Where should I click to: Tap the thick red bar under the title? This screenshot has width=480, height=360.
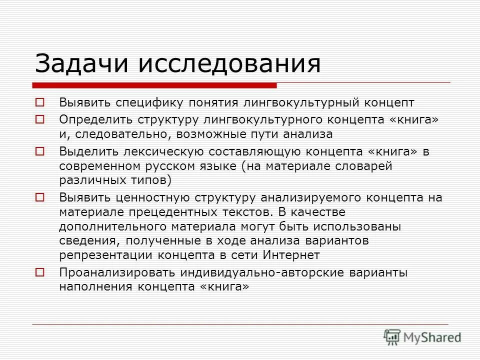click(x=154, y=85)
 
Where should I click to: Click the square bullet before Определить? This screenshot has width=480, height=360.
click(x=40, y=119)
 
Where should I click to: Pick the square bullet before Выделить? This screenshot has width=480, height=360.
click(x=40, y=150)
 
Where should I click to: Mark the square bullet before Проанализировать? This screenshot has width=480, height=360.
click(x=40, y=272)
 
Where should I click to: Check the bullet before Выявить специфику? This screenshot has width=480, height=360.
click(x=40, y=102)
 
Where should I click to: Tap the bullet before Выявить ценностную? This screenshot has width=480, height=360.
click(x=40, y=197)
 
